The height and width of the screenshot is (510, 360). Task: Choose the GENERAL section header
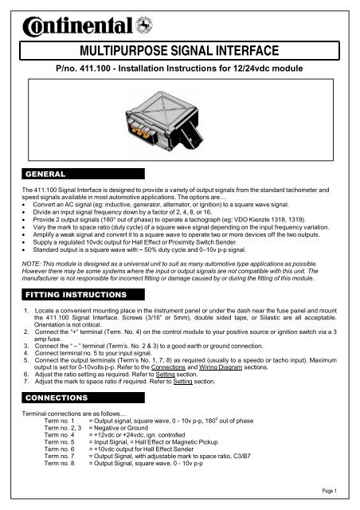click(46, 172)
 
